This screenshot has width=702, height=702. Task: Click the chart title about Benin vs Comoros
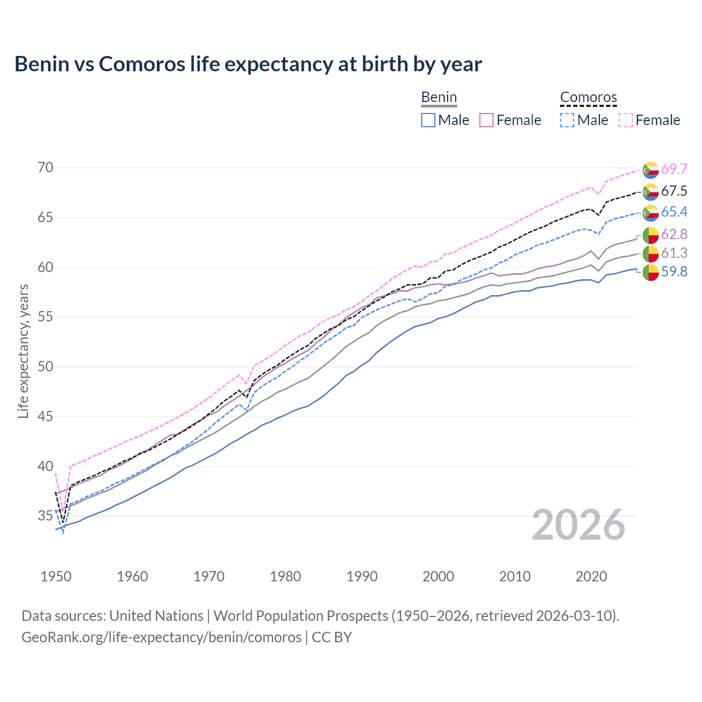[248, 64]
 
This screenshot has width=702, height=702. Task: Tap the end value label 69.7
[674, 169]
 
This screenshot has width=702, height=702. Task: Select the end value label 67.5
[674, 191]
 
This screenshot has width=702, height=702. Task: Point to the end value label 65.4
[674, 212]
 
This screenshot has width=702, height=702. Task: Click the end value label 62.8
[674, 235]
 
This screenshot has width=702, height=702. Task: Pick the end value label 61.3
[674, 253]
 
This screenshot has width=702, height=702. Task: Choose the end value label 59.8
[674, 271]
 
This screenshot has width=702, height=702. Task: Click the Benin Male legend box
[428, 120]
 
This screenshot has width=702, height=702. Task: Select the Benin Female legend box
[486, 120]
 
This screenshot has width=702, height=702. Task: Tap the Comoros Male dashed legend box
[568, 120]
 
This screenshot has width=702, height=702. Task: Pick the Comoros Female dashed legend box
[626, 120]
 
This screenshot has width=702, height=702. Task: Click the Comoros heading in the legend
[588, 98]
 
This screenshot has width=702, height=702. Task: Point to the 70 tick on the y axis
[46, 167]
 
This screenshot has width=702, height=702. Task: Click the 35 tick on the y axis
[46, 516]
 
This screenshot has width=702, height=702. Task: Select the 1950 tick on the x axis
[56, 576]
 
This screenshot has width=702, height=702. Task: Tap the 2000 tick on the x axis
[438, 576]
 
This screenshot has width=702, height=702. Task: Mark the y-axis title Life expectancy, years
[23, 351]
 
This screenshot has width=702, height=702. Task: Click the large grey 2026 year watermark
[579, 525]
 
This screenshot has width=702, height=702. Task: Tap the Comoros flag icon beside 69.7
[650, 170]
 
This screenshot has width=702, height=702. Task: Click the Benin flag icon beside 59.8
[650, 272]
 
